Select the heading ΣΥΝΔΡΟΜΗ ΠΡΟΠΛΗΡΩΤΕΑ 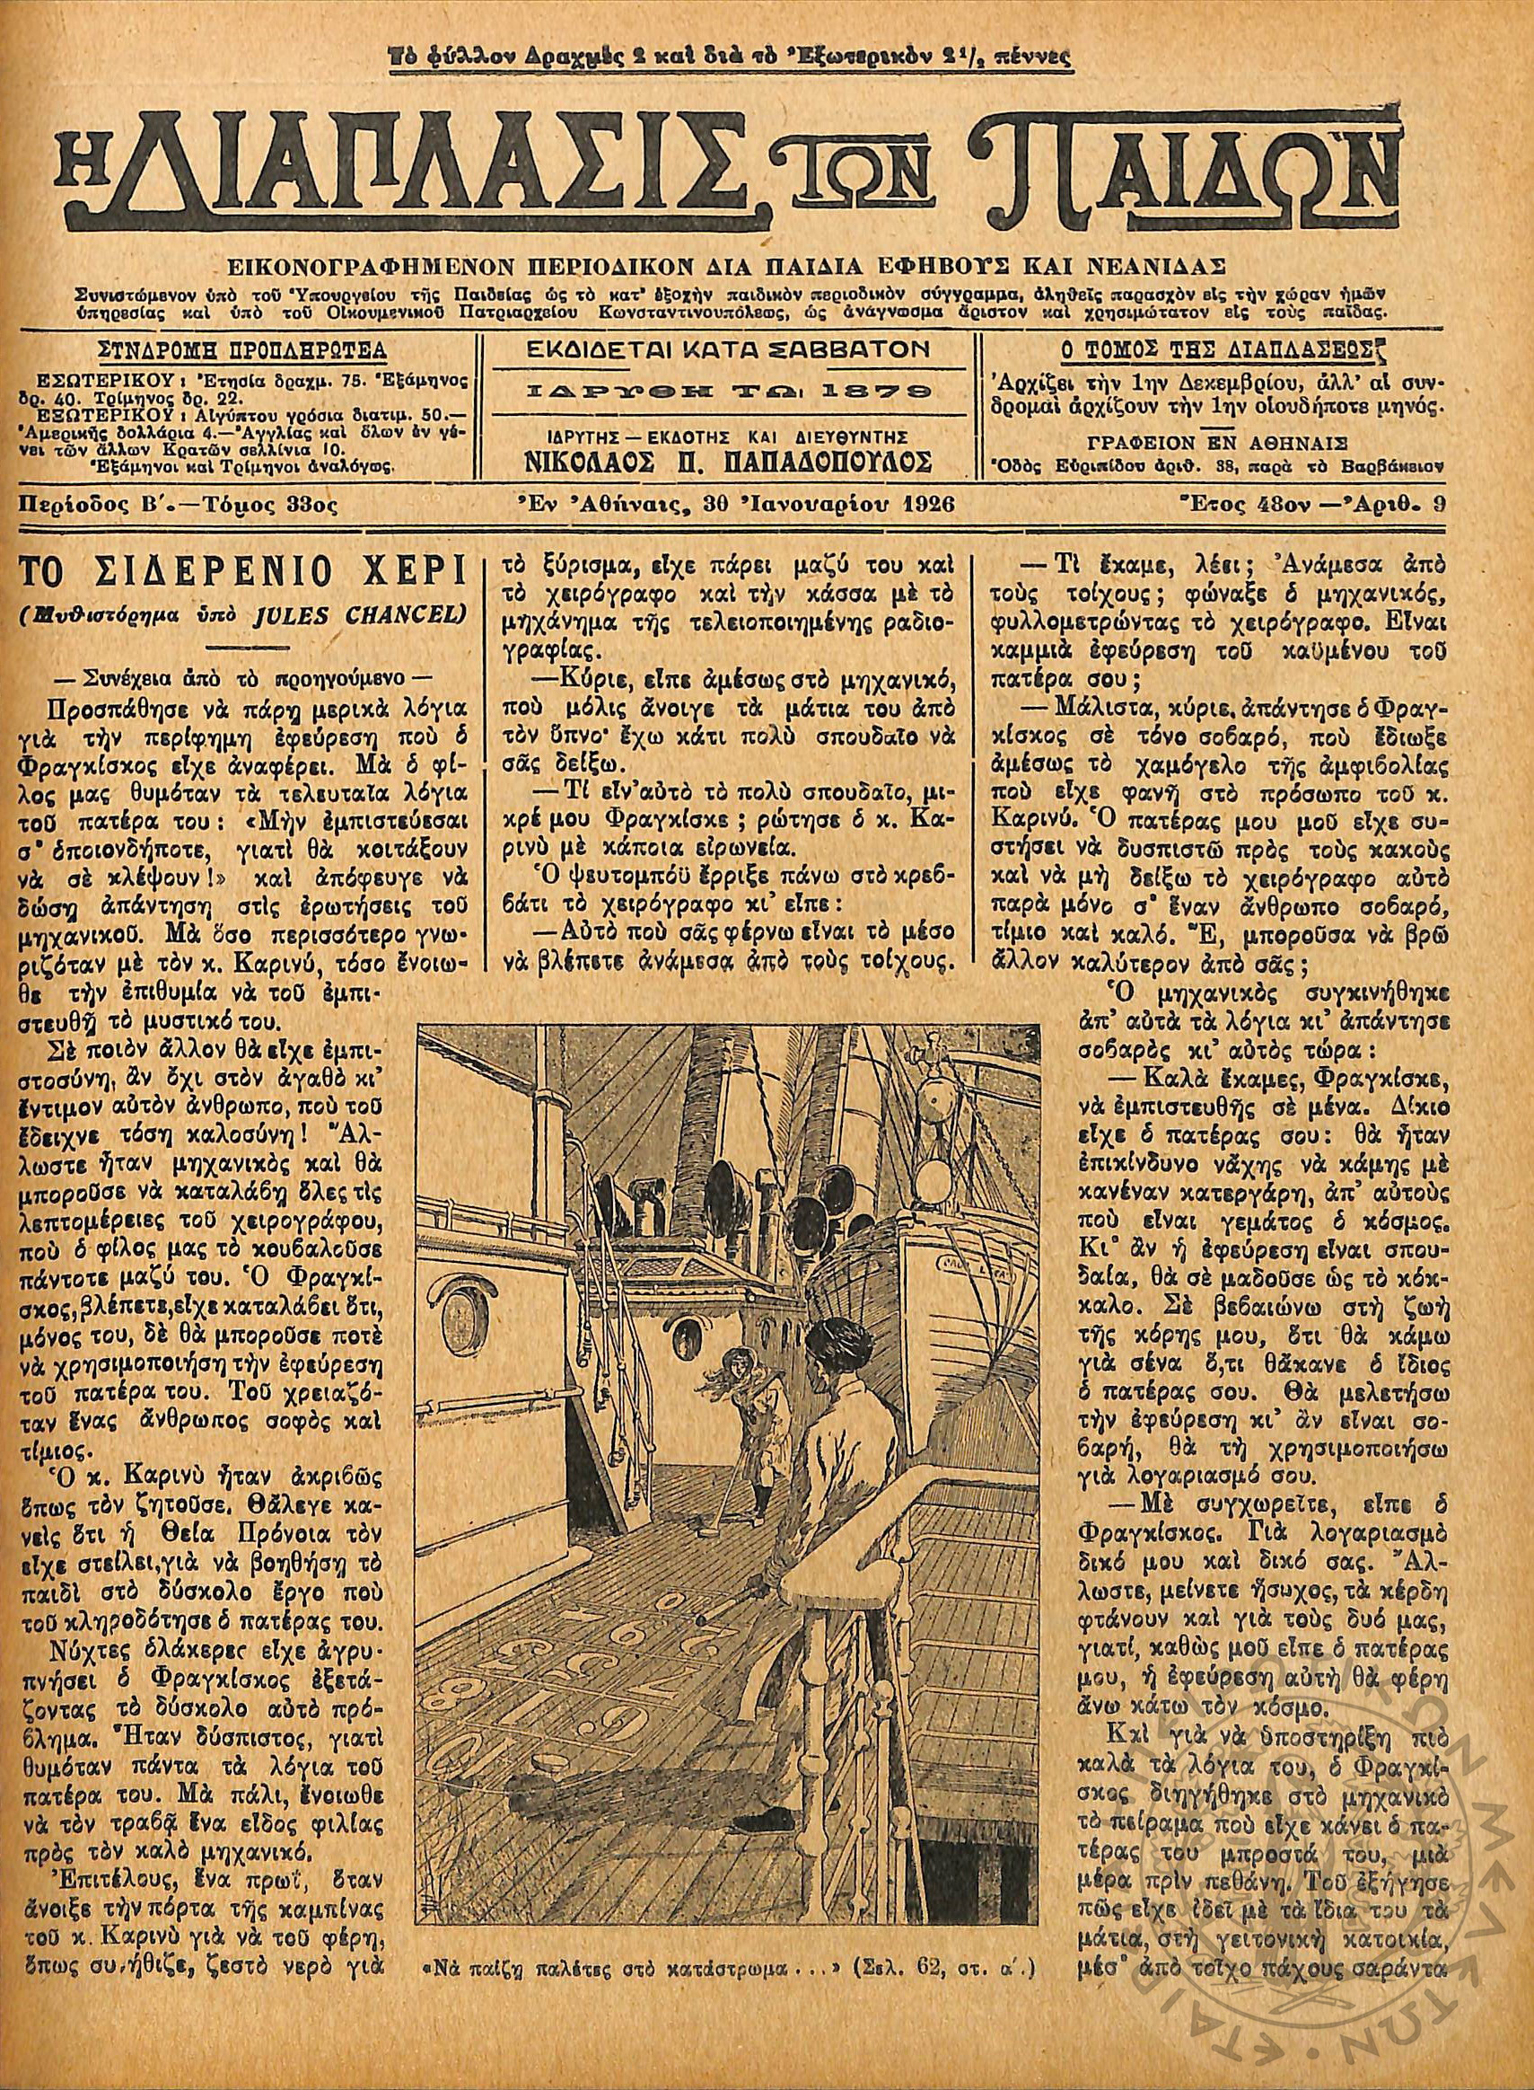pyautogui.click(x=242, y=351)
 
